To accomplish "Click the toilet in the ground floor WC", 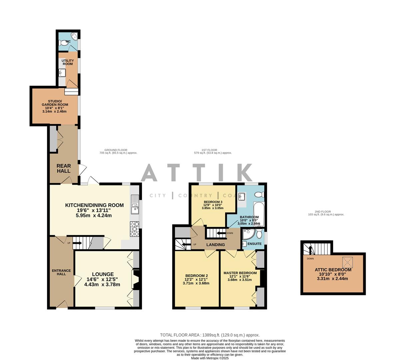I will click(x=63, y=43).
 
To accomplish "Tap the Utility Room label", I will click(x=68, y=62).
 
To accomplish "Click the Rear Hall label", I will click(x=63, y=168).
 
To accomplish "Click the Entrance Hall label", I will click(x=61, y=272).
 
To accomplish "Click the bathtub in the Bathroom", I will click(x=258, y=214).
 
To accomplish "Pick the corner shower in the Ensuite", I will click(x=248, y=235).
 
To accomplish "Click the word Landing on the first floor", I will click(x=215, y=245).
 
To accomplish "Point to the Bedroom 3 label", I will click(x=213, y=202).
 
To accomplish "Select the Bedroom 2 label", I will click(x=197, y=276).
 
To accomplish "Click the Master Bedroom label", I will click(x=240, y=273).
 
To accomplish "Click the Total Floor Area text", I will click(x=210, y=335).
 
